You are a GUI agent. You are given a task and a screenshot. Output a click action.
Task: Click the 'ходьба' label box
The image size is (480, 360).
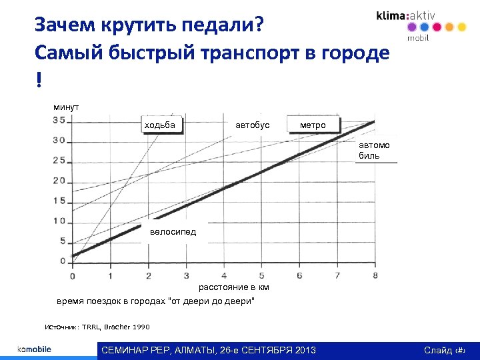pos(160,125)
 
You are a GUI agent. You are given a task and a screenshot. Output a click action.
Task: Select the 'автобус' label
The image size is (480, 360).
pos(253,125)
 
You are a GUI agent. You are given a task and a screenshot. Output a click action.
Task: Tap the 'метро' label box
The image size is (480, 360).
pos(313,125)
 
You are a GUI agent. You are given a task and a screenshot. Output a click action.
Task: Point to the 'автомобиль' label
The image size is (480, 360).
pos(375,150)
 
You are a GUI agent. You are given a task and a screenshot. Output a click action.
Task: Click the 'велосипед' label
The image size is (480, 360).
pos(173,231)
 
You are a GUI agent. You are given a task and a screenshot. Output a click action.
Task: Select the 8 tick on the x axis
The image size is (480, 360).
pos(375,275)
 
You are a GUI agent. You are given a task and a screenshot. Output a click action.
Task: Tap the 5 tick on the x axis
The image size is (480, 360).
pos(261,275)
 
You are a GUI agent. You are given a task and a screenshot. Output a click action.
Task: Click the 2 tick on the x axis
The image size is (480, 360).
pos(148,275)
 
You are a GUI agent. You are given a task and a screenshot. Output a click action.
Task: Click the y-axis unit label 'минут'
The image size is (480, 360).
pos(66,107)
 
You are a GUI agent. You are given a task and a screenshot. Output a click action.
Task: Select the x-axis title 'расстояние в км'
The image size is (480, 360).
pos(234,287)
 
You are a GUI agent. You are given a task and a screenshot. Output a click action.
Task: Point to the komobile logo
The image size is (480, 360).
pos(34,349)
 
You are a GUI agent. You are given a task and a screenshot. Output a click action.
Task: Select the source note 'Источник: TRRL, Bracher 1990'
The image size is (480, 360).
pos(97,327)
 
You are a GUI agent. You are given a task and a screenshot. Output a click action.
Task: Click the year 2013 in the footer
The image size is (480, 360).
pos(303,351)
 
